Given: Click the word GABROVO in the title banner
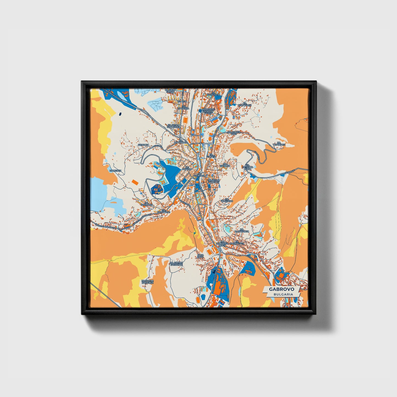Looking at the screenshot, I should (x=281, y=289).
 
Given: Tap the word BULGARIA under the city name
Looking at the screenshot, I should (x=283, y=294).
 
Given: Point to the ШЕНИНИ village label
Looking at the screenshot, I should (x=144, y=145).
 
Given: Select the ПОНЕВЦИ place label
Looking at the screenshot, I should (x=115, y=171).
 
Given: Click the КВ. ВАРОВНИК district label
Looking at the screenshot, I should (x=181, y=142).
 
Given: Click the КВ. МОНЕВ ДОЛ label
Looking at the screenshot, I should (x=234, y=133).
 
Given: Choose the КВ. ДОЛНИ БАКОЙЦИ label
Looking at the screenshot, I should (x=176, y=264).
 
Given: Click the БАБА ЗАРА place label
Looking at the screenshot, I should (x=201, y=256).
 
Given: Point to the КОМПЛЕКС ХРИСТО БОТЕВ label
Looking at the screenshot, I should (x=209, y=111).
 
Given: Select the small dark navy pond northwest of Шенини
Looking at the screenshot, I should (x=120, y=113).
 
